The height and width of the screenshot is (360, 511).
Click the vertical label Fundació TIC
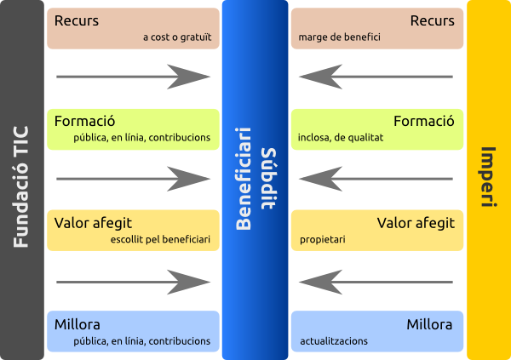point(22,186)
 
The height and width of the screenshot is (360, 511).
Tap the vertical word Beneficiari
point(244,179)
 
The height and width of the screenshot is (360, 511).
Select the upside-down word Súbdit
point(268,179)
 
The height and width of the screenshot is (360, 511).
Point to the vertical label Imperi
point(488,178)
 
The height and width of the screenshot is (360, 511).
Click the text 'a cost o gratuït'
point(177,38)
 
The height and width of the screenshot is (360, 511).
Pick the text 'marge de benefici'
point(340,38)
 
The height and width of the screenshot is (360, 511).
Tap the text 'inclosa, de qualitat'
point(342,137)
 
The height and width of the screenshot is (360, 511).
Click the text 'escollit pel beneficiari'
point(160,240)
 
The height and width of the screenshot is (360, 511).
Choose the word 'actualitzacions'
point(334,340)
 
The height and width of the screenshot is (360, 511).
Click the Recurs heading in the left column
point(77,20)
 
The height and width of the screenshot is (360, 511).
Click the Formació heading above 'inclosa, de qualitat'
point(424,121)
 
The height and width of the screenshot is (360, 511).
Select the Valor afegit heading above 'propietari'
point(416,223)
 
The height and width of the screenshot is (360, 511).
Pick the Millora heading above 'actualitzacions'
point(429,324)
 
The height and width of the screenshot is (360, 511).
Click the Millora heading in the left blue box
point(78,324)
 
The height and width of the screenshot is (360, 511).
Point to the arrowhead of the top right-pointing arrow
point(191,77)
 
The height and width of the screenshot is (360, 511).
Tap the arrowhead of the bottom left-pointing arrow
point(319,281)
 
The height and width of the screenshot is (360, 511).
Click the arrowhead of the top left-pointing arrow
point(319,77)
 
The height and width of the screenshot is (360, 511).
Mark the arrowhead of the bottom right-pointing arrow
point(191,281)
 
